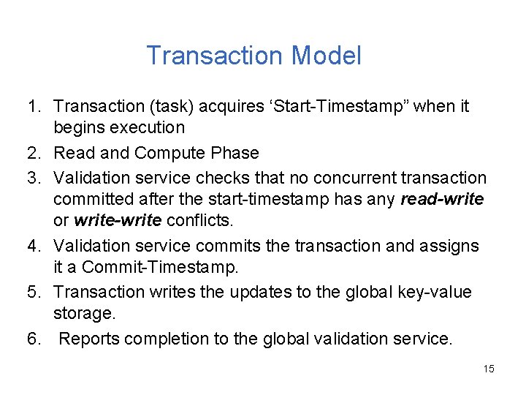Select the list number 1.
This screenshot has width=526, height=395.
[34, 107]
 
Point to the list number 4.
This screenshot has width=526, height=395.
[34, 246]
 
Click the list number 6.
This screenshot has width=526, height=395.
[34, 339]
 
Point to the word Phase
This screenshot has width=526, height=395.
[235, 153]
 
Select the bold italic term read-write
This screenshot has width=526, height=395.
[442, 199]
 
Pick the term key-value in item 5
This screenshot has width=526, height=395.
[434, 292]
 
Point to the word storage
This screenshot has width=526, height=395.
[83, 314]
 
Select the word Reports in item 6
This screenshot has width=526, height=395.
[88, 339]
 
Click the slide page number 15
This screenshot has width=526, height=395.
[489, 369]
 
